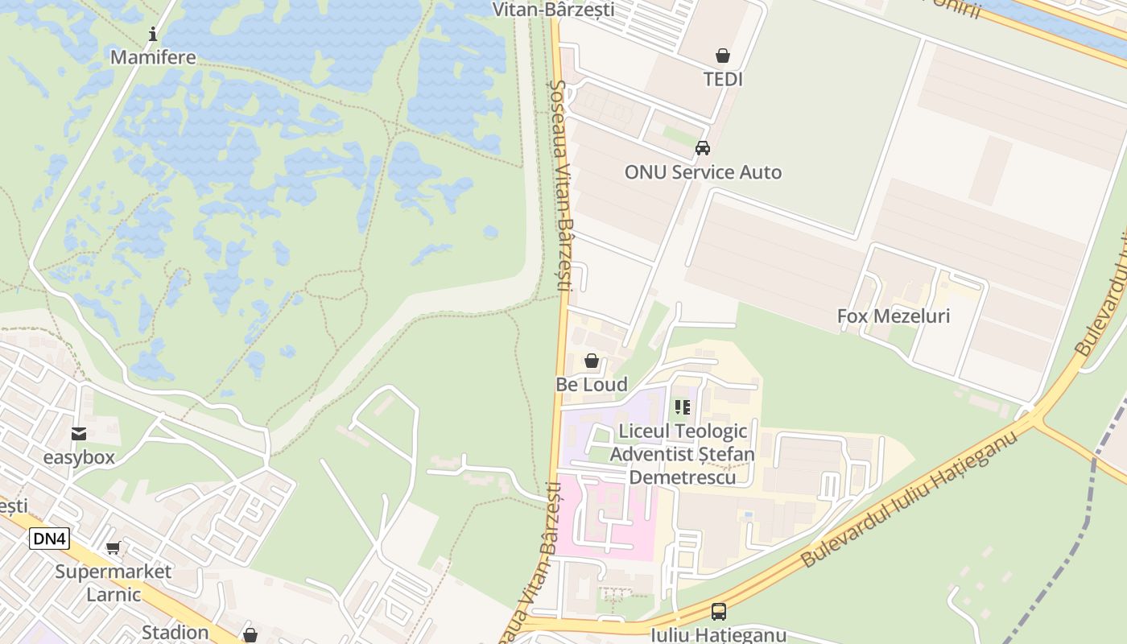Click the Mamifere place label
click(153, 58)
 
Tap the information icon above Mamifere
click(153, 34)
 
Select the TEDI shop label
click(723, 80)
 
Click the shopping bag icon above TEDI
click(723, 56)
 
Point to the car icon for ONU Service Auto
click(703, 148)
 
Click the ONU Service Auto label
click(703, 172)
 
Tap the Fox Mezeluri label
click(894, 316)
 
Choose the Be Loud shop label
click(592, 385)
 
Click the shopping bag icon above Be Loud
click(592, 361)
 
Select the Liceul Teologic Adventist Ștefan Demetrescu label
click(683, 454)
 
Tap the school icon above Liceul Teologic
click(683, 407)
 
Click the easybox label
click(79, 458)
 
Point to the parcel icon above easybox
click(79, 435)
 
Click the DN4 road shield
click(49, 539)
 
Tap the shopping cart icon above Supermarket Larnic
click(114, 548)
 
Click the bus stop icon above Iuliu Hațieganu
click(718, 612)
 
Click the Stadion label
click(175, 632)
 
